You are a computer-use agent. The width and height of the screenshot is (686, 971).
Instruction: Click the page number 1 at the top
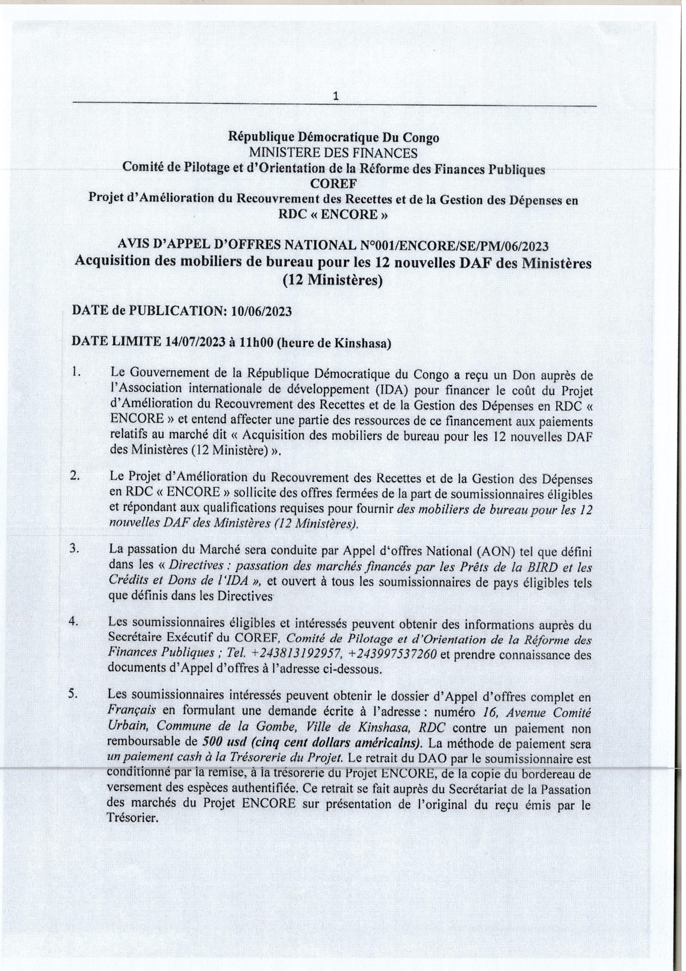click(x=336, y=97)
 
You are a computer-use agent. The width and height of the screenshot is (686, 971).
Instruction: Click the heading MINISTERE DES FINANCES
click(x=334, y=153)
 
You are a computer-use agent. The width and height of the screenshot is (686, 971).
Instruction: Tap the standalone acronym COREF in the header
click(x=334, y=184)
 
